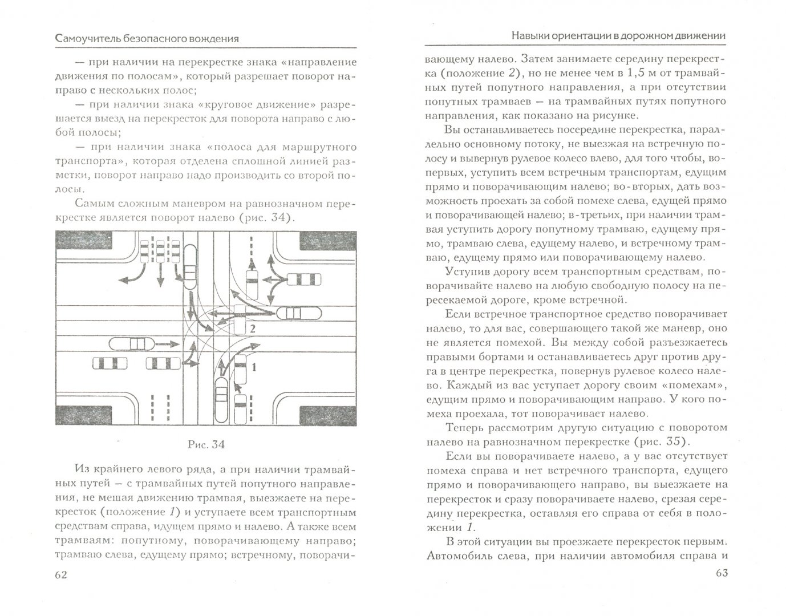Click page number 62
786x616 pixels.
[x=61, y=574]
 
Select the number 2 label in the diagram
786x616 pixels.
[x=253, y=329]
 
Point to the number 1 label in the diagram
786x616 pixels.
[x=253, y=367]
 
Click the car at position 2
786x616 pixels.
[x=240, y=321]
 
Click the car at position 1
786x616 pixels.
[x=241, y=368]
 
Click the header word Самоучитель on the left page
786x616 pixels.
[x=86, y=38]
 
